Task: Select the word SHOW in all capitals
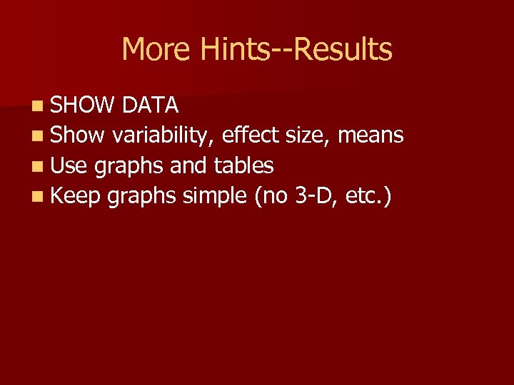tap(82, 105)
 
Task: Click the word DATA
tap(150, 105)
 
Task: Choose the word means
tap(371, 135)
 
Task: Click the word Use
tap(69, 165)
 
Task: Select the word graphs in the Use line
tap(128, 167)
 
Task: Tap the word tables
tap(243, 165)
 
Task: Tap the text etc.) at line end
tap(368, 196)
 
